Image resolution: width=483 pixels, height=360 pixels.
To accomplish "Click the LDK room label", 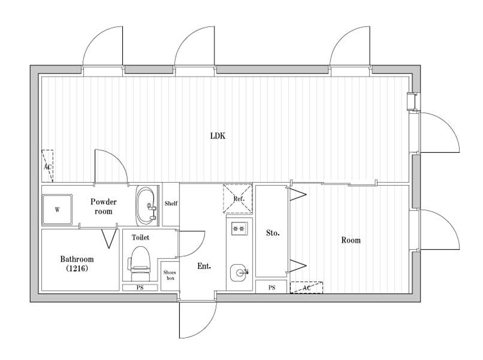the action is click(218, 136).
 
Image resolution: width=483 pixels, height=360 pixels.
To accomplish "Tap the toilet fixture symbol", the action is click(139, 263).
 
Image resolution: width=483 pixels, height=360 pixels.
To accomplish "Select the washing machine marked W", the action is click(57, 209).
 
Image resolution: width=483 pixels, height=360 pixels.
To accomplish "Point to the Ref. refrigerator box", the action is click(238, 199).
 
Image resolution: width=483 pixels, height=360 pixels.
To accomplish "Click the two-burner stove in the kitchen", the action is click(240, 229).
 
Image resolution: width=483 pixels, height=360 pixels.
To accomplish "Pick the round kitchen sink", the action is click(239, 273).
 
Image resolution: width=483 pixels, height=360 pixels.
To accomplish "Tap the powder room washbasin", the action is click(146, 205).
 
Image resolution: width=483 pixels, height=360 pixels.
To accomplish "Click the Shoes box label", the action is click(170, 275).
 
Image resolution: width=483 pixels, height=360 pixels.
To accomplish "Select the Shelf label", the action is click(171, 203).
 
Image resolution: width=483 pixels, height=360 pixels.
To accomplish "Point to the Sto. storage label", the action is click(273, 233).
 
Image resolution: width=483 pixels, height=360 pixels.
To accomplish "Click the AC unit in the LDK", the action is click(47, 166).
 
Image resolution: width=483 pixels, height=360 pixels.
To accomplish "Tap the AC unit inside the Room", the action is click(307, 288).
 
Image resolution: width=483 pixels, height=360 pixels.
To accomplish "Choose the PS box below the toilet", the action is click(140, 288).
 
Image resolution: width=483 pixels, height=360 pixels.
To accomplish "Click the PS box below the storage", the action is click(272, 288).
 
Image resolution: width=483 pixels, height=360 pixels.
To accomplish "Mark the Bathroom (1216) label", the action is click(77, 263).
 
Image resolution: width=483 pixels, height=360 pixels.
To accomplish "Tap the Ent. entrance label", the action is click(204, 266).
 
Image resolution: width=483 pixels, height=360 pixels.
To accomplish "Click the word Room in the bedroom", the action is click(351, 240).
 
